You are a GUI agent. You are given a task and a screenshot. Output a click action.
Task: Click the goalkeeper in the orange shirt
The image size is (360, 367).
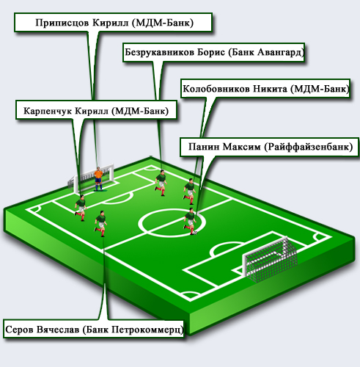tap(98, 179)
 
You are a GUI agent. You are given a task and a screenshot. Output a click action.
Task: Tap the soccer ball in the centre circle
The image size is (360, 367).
tap(195, 233)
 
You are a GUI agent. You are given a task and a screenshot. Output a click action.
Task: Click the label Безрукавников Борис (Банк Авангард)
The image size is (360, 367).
tap(214, 52)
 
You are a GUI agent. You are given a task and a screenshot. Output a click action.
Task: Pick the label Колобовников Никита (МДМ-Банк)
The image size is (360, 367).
tap(266, 89)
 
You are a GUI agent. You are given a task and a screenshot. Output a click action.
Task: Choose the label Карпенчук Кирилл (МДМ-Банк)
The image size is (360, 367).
tap(96, 111)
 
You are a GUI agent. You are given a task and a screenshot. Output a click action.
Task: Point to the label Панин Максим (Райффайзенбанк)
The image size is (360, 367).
tap(270, 147)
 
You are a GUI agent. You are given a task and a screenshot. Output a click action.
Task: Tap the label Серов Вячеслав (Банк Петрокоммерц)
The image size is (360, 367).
tap(94, 330)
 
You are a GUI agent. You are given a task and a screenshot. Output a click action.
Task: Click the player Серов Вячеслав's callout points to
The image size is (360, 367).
tap(100, 224)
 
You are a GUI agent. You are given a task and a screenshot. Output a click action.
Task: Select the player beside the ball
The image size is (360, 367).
tap(190, 222)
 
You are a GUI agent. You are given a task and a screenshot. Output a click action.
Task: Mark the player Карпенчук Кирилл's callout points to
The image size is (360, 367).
tap(81, 208)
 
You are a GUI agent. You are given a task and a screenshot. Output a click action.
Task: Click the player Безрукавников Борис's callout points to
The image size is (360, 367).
tap(161, 183)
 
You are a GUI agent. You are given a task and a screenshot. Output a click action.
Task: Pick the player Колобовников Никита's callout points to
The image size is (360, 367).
tap(190, 192)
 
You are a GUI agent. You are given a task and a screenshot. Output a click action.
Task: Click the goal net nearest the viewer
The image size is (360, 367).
tap(270, 258)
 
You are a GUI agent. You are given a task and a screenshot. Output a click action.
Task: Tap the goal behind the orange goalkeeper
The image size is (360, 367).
tap(91, 178)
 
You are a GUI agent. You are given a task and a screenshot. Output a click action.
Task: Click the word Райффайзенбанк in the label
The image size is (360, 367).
tap(309, 147)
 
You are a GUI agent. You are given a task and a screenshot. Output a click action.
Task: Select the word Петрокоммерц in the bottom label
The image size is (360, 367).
tap(147, 330)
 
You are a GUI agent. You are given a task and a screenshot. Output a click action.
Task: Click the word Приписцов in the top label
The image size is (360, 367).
tap(62, 23)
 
